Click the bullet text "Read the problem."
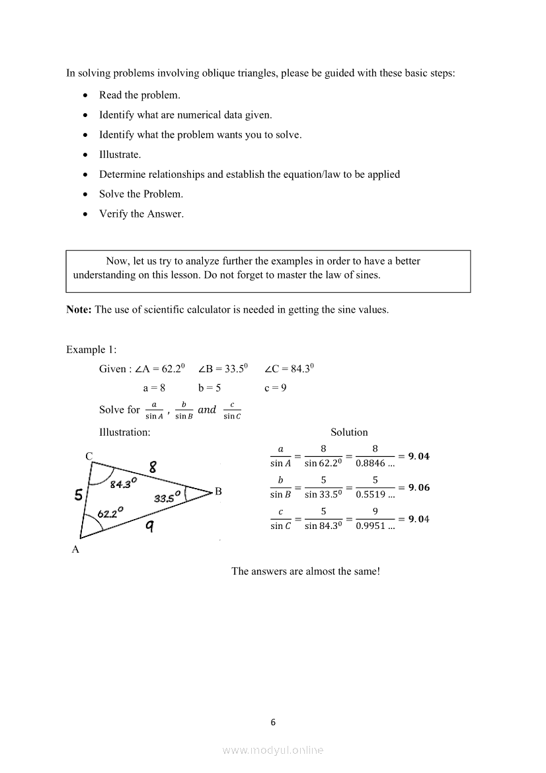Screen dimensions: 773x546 coord(139,95)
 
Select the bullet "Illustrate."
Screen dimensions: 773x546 coord(120,155)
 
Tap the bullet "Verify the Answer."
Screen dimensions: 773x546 coord(141,214)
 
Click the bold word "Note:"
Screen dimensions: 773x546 coord(79,309)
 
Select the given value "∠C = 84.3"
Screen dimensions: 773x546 coord(289,369)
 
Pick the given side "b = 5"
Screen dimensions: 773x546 coord(209,388)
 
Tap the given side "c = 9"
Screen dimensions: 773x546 coord(275,388)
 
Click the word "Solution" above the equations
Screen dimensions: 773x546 coord(349,432)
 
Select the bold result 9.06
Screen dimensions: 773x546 coord(418,487)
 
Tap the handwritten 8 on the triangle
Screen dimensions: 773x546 coord(153,468)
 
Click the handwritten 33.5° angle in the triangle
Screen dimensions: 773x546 coord(168,498)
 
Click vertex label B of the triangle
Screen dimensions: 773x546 coord(218,492)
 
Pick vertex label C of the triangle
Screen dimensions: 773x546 coord(89,456)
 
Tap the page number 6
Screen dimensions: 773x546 coord(273,722)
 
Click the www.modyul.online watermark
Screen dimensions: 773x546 coord(273,751)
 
